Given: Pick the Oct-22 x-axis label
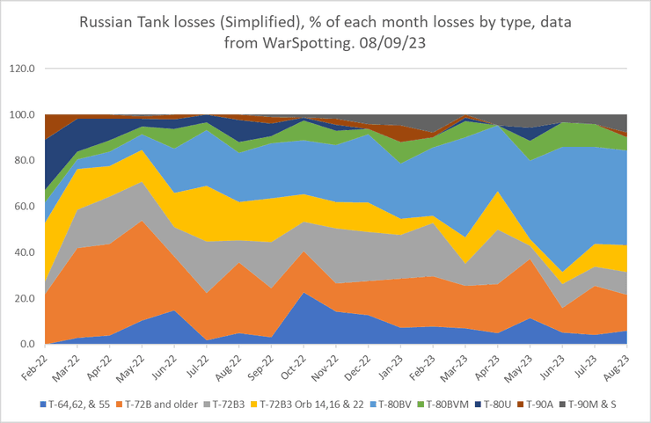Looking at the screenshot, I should click(x=289, y=363).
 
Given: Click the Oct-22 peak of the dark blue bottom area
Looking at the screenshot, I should click(x=289, y=293).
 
